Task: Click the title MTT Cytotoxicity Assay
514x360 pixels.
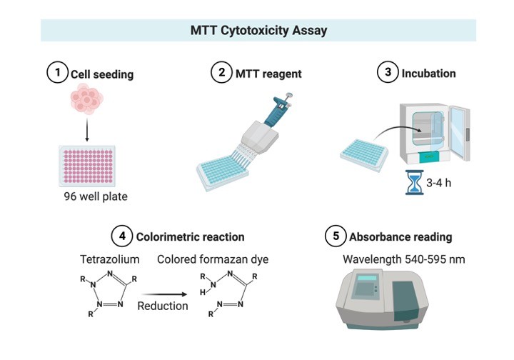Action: pyautogui.click(x=258, y=31)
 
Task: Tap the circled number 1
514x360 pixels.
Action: pyautogui.click(x=56, y=73)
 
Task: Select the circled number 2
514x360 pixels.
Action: pyautogui.click(x=222, y=73)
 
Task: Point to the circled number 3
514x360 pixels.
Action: pyautogui.click(x=387, y=73)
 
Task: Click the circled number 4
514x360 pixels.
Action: pyautogui.click(x=121, y=236)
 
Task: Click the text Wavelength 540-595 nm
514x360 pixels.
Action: pyautogui.click(x=403, y=259)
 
